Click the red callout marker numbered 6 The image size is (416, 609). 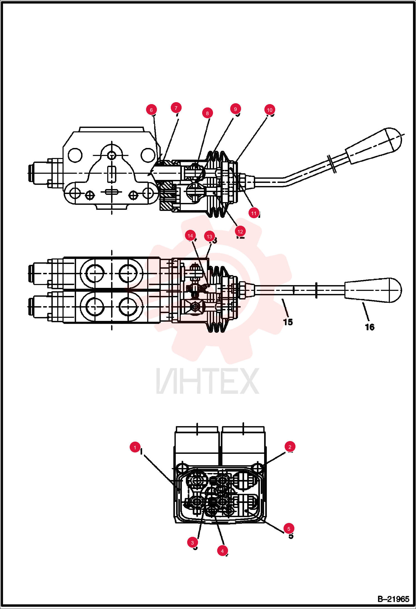[x=151, y=110]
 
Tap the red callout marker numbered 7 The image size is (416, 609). [x=176, y=108]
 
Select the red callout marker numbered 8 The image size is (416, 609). [x=207, y=113]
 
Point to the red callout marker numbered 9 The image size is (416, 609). [x=235, y=109]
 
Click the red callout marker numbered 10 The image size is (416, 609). [x=270, y=110]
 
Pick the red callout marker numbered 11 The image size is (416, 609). [x=254, y=213]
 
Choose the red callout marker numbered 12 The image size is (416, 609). [x=240, y=231]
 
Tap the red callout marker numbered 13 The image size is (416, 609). [x=209, y=236]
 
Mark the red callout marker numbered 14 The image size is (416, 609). [x=190, y=236]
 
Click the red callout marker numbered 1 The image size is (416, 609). [x=135, y=447]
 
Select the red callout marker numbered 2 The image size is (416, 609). [x=290, y=447]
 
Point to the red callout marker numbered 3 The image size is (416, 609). [x=192, y=543]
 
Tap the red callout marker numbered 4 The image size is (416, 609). [x=222, y=551]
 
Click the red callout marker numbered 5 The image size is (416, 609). [x=289, y=529]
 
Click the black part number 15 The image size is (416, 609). [x=288, y=322]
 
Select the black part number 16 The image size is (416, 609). [x=370, y=327]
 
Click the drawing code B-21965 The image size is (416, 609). [x=394, y=599]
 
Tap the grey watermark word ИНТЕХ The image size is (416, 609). [x=208, y=381]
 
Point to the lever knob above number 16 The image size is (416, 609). [x=373, y=290]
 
